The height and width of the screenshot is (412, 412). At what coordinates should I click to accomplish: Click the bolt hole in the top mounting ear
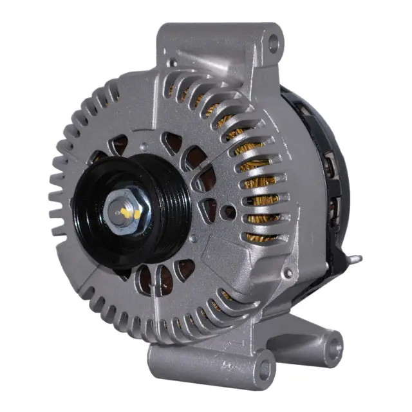pyautogui.click(x=274, y=44)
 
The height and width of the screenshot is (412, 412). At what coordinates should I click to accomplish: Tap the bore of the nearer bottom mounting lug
pyautogui.click(x=263, y=369)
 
